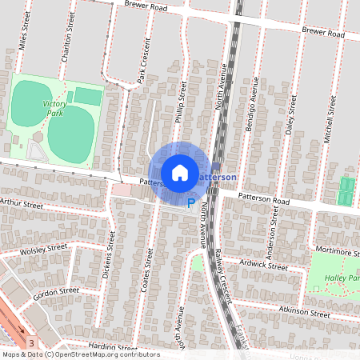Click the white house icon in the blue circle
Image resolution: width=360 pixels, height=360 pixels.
click(180, 172)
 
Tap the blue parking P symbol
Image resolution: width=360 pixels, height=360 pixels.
click(191, 203)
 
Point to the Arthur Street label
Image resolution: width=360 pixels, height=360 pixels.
click(22, 204)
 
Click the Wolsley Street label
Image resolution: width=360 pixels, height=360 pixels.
click(43, 249)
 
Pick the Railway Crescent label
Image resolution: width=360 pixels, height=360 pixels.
click(222, 274)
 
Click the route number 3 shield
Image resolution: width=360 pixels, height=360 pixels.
click(31, 342)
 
